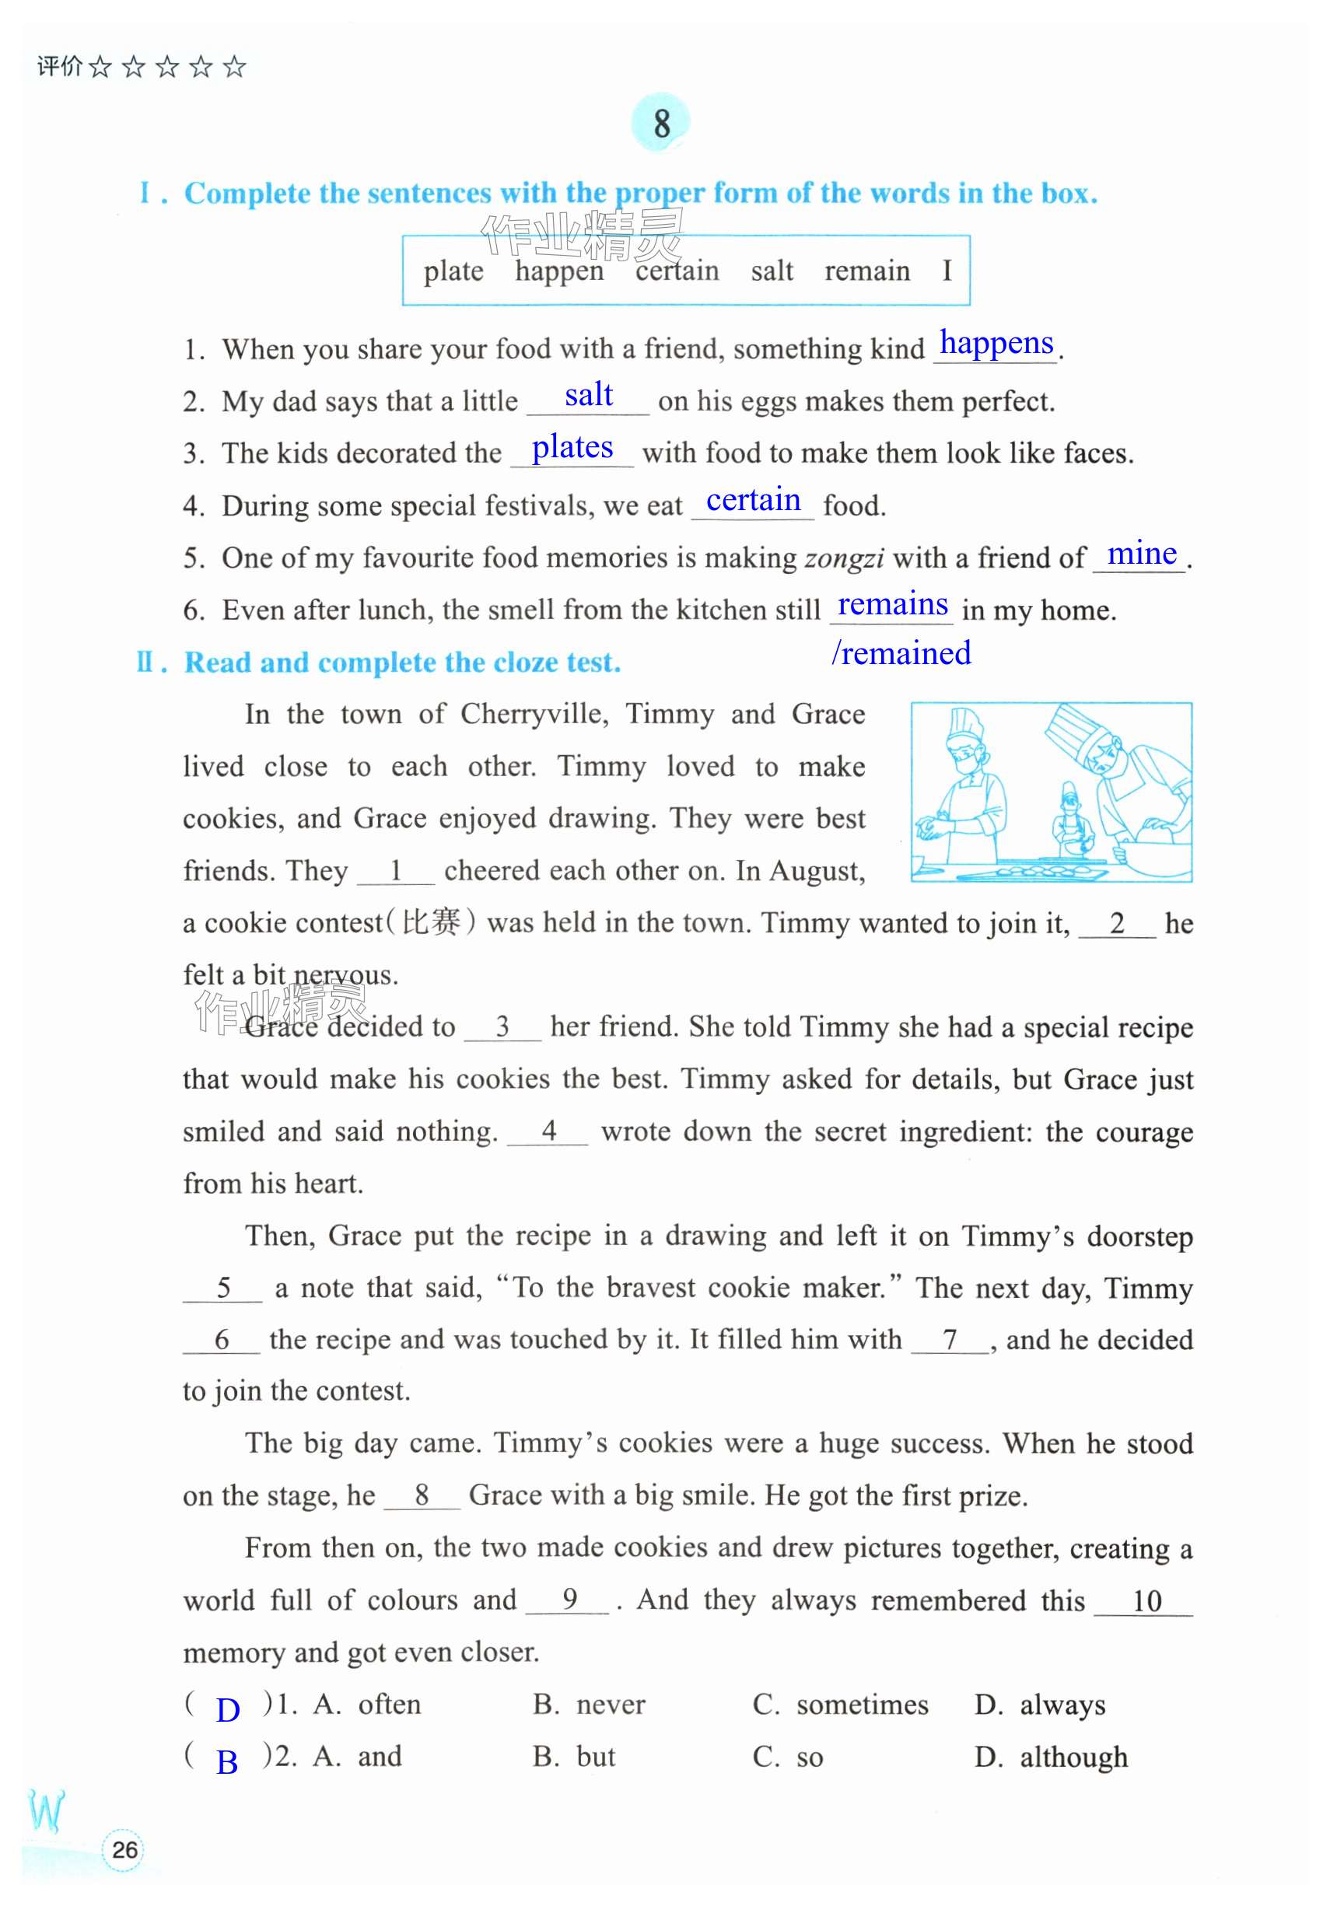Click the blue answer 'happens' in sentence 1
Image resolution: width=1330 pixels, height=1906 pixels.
pyautogui.click(x=996, y=343)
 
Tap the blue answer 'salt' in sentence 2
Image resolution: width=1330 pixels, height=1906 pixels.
pyautogui.click(x=589, y=395)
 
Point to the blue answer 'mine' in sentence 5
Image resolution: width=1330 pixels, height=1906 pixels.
pyautogui.click(x=1142, y=553)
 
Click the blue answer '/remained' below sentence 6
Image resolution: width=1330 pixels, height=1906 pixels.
pyautogui.click(x=901, y=653)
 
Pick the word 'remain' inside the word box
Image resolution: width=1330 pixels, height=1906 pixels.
pyautogui.click(x=866, y=271)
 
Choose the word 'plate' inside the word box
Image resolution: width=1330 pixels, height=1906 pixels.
pyautogui.click(x=453, y=271)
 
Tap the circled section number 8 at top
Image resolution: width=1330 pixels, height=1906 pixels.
pyautogui.click(x=661, y=124)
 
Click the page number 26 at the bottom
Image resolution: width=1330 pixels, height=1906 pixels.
pyautogui.click(x=124, y=1849)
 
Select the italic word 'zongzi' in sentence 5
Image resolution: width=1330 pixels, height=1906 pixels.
pyautogui.click(x=843, y=558)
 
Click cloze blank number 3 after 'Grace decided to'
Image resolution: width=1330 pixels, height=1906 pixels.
pyautogui.click(x=502, y=1027)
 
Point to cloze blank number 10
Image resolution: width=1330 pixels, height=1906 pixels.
pyautogui.click(x=1146, y=1601)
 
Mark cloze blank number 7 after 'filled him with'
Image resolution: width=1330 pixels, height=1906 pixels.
pyautogui.click(x=950, y=1339)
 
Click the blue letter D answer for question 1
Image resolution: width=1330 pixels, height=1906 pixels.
pyautogui.click(x=227, y=1710)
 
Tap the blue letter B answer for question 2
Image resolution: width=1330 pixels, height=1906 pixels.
pyautogui.click(x=226, y=1761)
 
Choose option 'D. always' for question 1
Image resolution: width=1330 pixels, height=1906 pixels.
pyautogui.click(x=1039, y=1705)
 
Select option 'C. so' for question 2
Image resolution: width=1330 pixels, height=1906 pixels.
pyautogui.click(x=788, y=1757)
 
